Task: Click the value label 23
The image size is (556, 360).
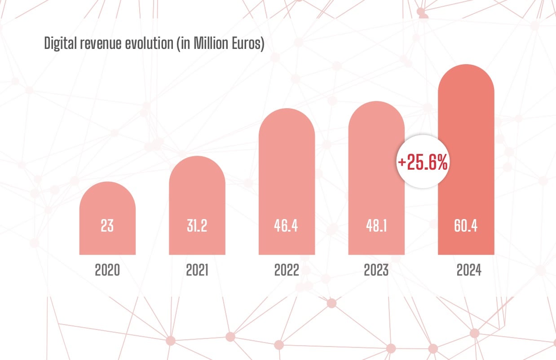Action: (x=107, y=226)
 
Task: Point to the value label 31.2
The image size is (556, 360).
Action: (x=197, y=226)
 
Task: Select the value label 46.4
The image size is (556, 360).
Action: (x=286, y=226)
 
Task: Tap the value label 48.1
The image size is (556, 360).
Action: (x=376, y=226)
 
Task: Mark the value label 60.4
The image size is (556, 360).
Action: (x=466, y=226)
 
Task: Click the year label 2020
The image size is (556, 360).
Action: (x=107, y=271)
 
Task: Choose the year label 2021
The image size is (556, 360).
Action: (x=197, y=271)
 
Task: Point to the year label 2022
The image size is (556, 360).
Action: (x=287, y=271)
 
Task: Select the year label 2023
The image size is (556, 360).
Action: (x=376, y=271)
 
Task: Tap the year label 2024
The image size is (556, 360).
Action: (x=469, y=271)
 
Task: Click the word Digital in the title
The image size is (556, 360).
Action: (x=60, y=44)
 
